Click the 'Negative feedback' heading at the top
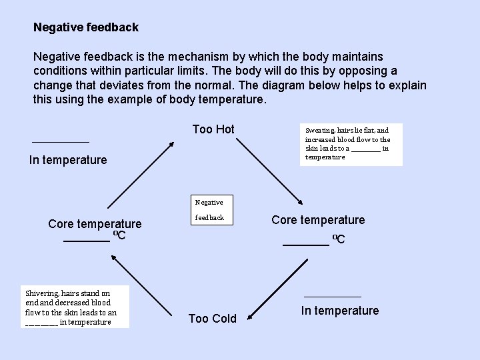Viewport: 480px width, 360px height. (x=86, y=27)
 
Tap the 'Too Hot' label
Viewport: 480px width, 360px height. (x=213, y=129)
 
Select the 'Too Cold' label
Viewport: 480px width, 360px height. (x=212, y=319)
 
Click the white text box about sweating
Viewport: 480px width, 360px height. (x=351, y=143)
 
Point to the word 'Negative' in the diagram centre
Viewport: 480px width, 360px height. (x=209, y=202)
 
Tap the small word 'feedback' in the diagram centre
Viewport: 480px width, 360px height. (x=209, y=218)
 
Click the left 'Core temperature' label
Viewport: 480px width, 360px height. (x=95, y=224)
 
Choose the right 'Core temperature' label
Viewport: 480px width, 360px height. (x=318, y=220)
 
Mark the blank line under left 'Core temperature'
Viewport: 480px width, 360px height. (x=87, y=241)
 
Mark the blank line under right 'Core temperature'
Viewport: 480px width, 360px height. (x=306, y=245)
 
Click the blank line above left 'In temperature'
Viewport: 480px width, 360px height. (x=60, y=141)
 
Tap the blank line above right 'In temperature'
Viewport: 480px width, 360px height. (x=332, y=296)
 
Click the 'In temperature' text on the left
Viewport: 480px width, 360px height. (x=68, y=160)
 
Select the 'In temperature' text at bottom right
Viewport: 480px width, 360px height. (x=339, y=311)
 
